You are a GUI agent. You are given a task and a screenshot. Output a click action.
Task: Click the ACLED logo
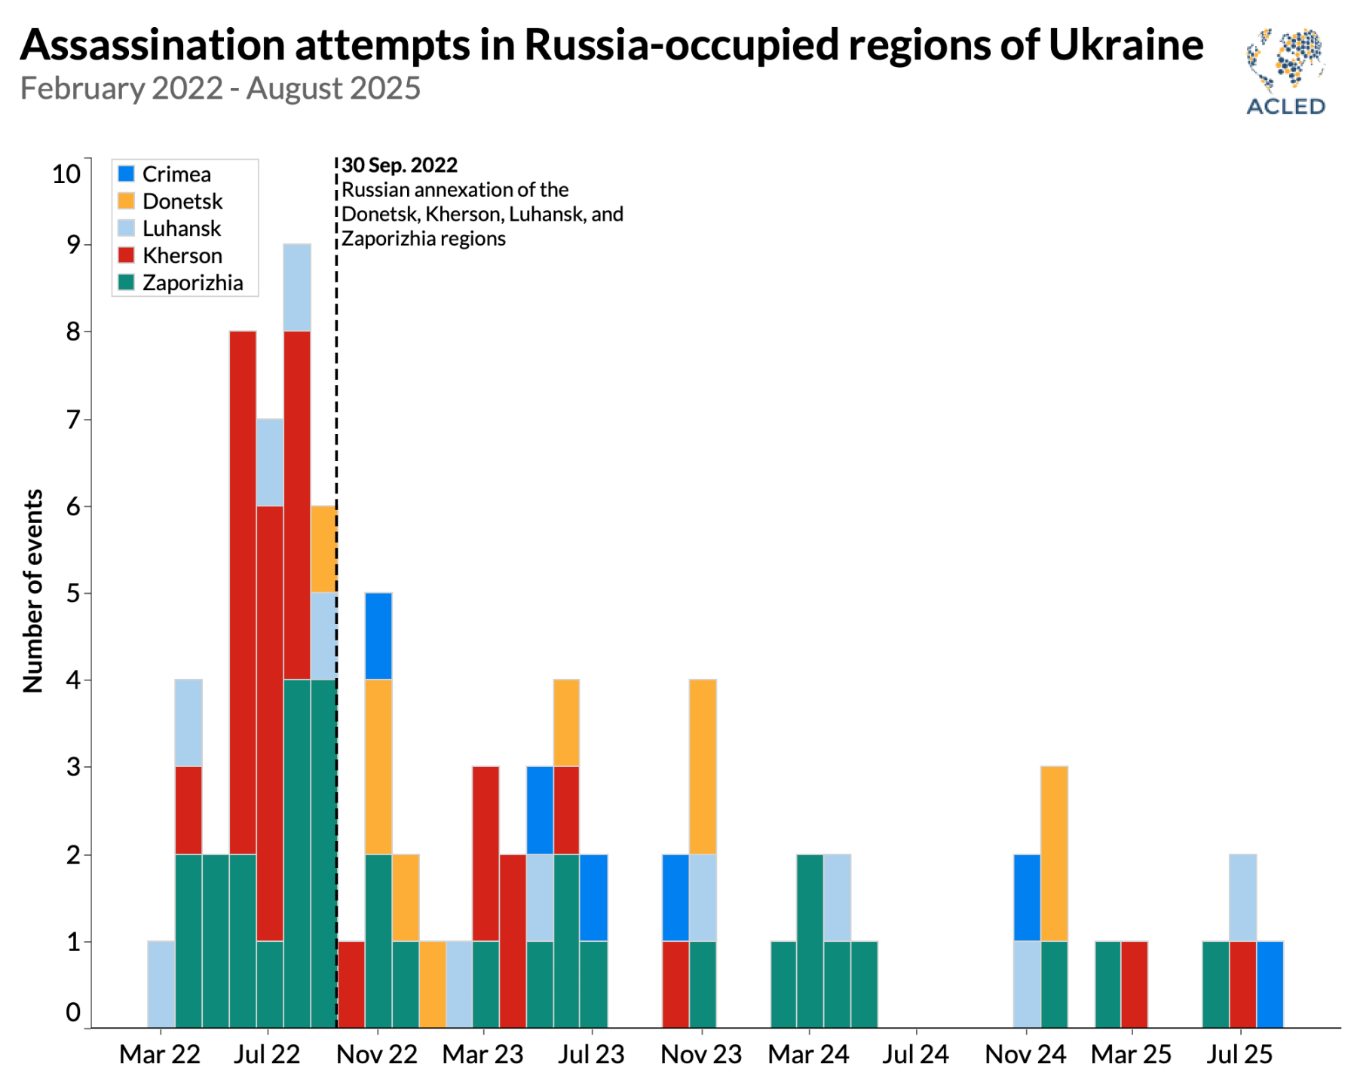[x=1286, y=72]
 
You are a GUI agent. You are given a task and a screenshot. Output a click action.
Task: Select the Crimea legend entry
[x=176, y=174]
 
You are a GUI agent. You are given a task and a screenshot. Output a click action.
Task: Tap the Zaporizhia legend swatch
[x=127, y=283]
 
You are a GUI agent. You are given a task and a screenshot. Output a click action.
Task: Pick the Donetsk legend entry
[x=182, y=201]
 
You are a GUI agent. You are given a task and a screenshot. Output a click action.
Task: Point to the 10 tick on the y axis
[x=66, y=174]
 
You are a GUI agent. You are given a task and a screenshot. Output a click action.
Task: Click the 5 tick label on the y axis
[x=73, y=594]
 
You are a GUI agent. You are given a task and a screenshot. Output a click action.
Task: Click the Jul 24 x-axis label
[x=915, y=1054]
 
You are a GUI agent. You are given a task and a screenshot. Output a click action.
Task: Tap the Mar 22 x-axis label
[x=160, y=1054]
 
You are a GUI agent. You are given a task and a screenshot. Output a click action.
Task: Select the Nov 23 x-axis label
[x=701, y=1054]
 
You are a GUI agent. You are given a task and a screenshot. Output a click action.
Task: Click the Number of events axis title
[x=33, y=591]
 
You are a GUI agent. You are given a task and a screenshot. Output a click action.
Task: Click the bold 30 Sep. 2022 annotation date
[x=400, y=165]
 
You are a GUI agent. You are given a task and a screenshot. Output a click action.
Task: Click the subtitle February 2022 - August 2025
[x=220, y=88]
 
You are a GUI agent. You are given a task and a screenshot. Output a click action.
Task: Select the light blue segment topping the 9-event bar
[x=297, y=288]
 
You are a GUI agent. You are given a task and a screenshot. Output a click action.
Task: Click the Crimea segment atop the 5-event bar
[x=378, y=636]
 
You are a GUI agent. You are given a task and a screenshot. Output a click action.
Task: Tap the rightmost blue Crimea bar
[x=1270, y=984]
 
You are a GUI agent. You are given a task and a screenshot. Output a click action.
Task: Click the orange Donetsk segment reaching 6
[x=323, y=549]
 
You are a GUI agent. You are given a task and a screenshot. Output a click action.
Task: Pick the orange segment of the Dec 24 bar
[x=1054, y=854]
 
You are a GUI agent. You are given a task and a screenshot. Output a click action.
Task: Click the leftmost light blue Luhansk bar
[x=161, y=984]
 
